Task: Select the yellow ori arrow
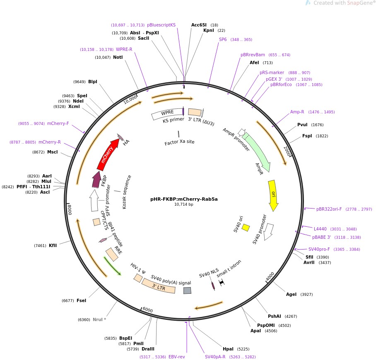click(272, 194)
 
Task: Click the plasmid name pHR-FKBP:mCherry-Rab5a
click(184, 199)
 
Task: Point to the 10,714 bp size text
click(184, 204)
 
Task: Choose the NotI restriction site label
click(118, 57)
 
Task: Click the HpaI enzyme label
click(228, 349)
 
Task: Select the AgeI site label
click(291, 294)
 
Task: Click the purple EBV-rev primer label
click(176, 357)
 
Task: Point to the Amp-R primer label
click(297, 112)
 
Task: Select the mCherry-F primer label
click(58, 123)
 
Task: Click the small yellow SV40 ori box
click(246, 227)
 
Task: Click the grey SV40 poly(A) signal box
click(187, 290)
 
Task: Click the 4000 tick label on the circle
click(270, 276)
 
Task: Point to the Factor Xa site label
click(179, 142)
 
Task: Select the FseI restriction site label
click(81, 300)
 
